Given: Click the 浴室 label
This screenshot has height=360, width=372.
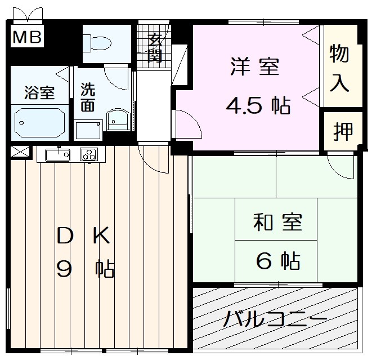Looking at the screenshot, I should [x=39, y=93].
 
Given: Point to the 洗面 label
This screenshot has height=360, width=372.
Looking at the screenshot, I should [x=87, y=96].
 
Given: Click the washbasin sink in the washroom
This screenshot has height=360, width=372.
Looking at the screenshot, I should [x=118, y=119].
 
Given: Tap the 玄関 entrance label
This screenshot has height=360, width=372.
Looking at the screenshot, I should [x=155, y=47].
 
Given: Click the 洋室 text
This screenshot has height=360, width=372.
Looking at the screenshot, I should [x=254, y=68].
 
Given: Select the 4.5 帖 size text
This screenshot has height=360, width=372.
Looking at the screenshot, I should [x=258, y=105].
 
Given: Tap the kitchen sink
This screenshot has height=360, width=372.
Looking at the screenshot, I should [x=57, y=154].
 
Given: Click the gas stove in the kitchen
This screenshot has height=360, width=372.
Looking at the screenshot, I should [x=89, y=154].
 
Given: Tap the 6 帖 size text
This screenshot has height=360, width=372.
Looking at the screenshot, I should [x=277, y=260].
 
